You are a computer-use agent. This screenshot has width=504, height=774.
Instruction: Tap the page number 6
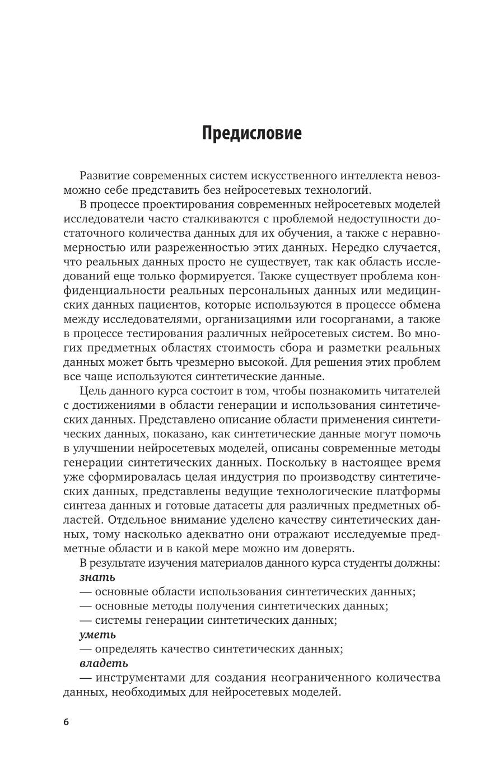tap(66, 722)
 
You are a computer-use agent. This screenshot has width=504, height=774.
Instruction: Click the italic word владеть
tap(104, 664)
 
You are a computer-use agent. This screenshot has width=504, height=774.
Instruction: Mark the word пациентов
tap(167, 305)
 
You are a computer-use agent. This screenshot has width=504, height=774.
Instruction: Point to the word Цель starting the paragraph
tap(96, 390)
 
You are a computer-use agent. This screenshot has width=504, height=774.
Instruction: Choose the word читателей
tap(410, 390)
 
